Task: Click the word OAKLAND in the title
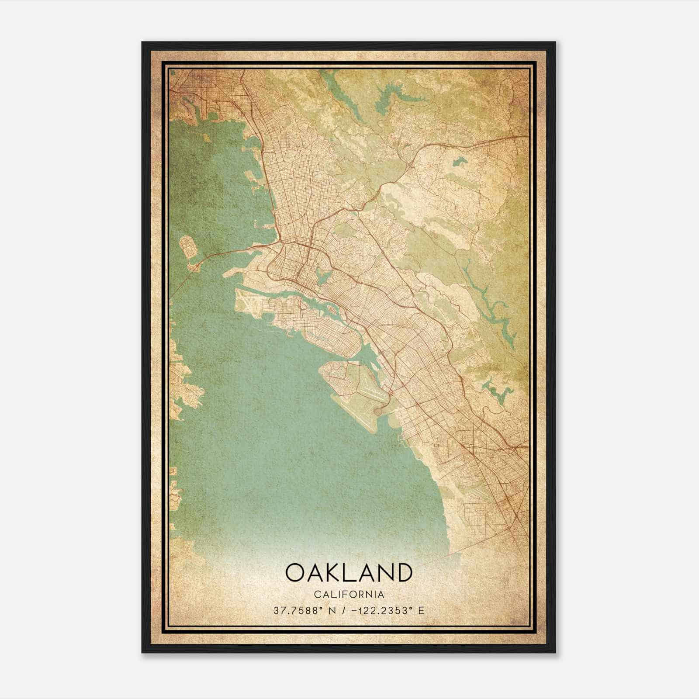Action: pos(349,573)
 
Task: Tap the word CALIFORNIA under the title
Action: pos(349,595)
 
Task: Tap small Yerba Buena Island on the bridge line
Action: pos(192,266)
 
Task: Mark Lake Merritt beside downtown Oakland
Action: pos(324,275)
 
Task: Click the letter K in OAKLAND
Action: pos(331,573)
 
